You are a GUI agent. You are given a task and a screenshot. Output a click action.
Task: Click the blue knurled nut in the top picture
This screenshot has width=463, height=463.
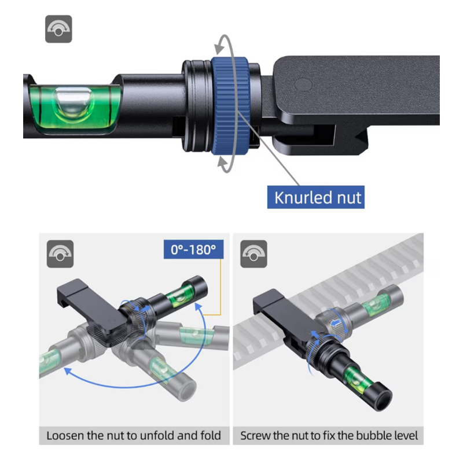(230, 105)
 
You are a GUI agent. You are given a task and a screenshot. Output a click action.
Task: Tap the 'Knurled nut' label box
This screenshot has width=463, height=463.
(315, 197)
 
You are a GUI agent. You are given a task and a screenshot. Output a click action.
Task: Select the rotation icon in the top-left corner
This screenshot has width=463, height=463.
(58, 29)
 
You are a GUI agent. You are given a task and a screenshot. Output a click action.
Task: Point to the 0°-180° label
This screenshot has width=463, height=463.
(193, 249)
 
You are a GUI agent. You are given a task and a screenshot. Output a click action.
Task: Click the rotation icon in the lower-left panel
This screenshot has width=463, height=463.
(60, 254)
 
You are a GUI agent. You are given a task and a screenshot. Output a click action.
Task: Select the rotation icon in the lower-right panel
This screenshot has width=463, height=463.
(253, 254)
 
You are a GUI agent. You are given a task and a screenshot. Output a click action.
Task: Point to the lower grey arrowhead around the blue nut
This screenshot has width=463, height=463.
(223, 163)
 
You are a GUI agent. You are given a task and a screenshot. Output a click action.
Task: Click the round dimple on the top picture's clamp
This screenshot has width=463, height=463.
(303, 84)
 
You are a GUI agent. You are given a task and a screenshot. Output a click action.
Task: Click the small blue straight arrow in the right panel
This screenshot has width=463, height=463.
(336, 324)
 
